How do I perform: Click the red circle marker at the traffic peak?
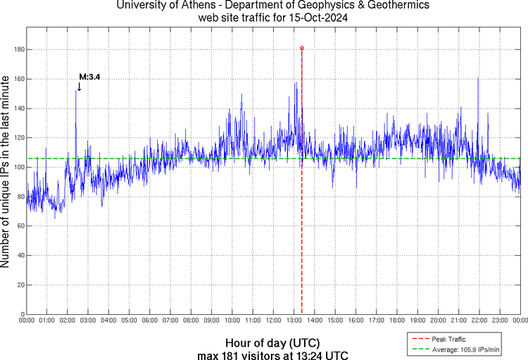(302, 48)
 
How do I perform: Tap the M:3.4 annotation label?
(89, 77)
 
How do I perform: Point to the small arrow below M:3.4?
(79, 87)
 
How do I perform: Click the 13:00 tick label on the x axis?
(294, 321)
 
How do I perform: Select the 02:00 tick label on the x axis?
(68, 321)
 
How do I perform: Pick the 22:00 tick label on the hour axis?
(479, 321)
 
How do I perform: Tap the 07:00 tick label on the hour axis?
(170, 321)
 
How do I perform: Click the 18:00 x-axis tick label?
(397, 321)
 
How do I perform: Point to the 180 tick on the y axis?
(17, 49)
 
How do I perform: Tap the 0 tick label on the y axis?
(21, 314)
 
